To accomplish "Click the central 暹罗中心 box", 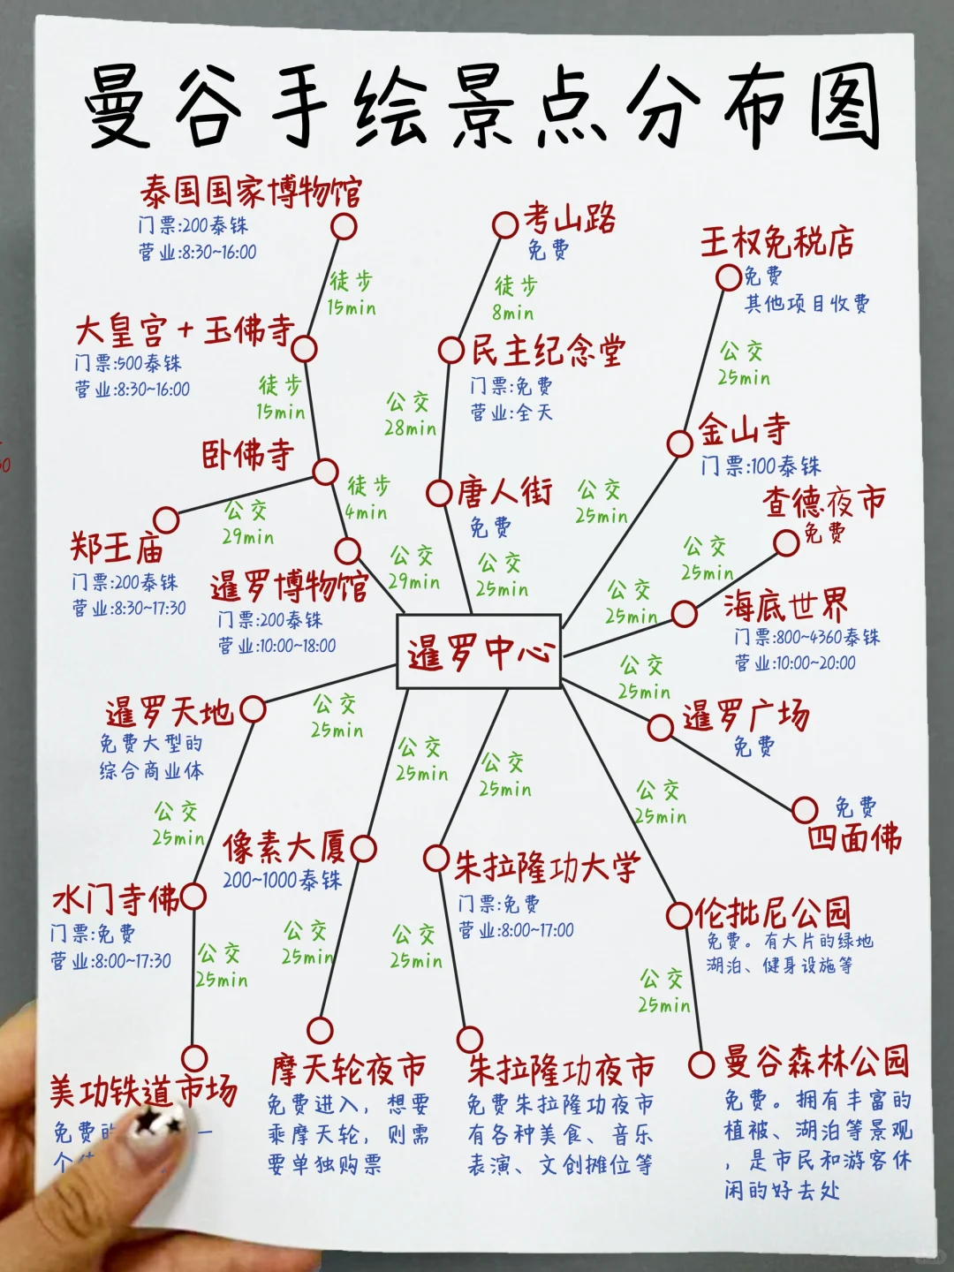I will pos(479,652).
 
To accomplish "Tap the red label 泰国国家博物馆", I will pos(251,192).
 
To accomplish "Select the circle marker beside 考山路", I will pos(505,224).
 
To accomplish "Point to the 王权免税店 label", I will pos(777,241).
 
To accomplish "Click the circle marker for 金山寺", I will pos(679,443).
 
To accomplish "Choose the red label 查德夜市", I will pos(823,503).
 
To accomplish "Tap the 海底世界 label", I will pos(785,606).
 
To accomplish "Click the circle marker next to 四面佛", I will pos(805,809).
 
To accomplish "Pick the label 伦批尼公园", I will pos(772,912).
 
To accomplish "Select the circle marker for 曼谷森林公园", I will pos(701,1064).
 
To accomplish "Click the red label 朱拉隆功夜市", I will pos(561,1070).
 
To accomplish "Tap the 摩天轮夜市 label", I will pos(348,1071).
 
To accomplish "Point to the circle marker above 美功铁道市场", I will pos(194,1057).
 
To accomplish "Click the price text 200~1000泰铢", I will pos(282,880).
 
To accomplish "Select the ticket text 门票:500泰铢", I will pos(128,363).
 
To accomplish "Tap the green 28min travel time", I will pos(410,428).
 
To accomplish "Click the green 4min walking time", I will pos(366,512).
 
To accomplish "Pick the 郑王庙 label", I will pos(117,549).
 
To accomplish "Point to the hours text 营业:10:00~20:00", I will pos(794,662).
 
